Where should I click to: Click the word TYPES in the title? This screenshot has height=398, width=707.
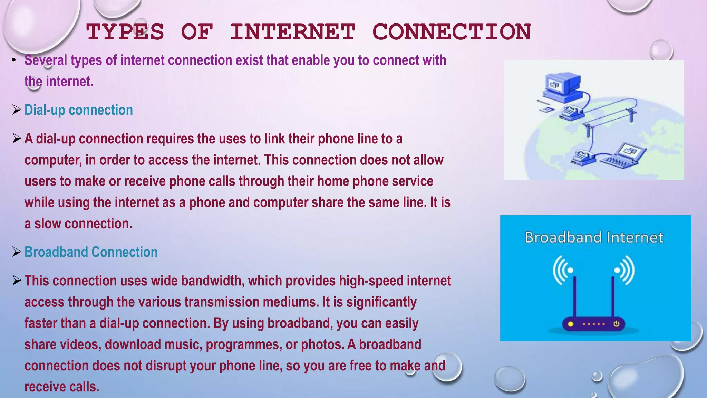coord(125,32)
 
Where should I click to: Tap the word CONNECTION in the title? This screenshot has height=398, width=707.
coord(452,32)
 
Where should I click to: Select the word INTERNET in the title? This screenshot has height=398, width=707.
coord(293,32)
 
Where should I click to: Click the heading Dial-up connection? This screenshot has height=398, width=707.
coord(79,110)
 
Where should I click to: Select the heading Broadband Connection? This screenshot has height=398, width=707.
coord(91,252)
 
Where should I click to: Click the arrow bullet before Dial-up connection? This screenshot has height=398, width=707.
coord(17,110)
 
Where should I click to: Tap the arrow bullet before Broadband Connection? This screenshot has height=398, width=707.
coord(17,252)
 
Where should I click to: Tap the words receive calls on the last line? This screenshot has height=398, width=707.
coord(61,387)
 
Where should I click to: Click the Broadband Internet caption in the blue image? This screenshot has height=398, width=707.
coord(594,238)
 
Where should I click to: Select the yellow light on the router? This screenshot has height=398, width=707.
coord(571,324)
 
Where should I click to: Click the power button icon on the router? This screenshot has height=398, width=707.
coord(616,324)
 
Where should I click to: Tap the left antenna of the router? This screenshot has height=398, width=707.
coord(575,297)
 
